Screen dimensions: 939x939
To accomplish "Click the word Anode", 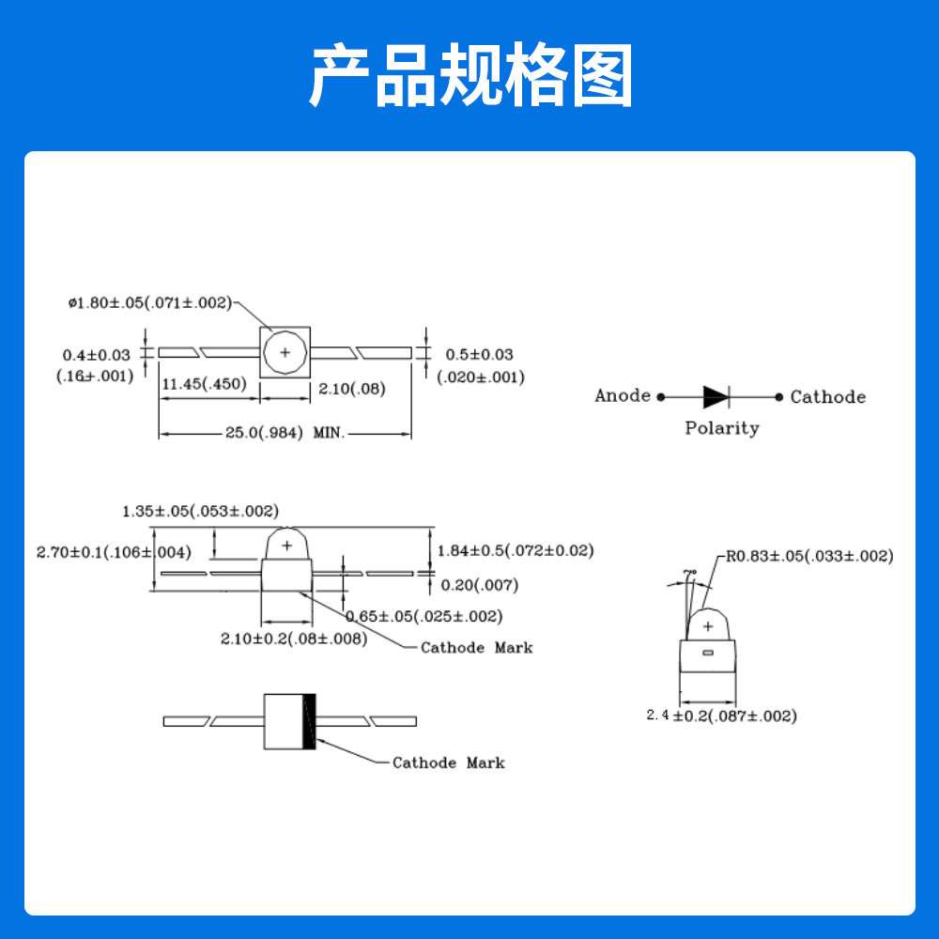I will tap(623, 395).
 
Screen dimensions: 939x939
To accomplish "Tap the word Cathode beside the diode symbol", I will tap(827, 396).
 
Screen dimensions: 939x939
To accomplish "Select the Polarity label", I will tap(721, 428).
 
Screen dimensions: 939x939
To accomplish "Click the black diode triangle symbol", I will tap(716, 396).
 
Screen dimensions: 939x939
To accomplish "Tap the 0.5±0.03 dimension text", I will tap(479, 354).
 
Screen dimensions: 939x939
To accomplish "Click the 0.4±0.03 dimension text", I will tap(97, 355).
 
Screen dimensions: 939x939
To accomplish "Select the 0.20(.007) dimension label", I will tap(479, 585).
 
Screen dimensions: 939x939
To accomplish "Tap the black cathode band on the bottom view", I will tap(309, 721).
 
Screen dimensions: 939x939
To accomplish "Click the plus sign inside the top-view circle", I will tap(285, 353).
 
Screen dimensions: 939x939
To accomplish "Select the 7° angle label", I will tap(690, 572).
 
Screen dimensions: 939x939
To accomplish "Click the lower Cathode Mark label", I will tap(448, 762).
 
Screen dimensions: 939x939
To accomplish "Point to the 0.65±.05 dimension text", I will tap(423, 616).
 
